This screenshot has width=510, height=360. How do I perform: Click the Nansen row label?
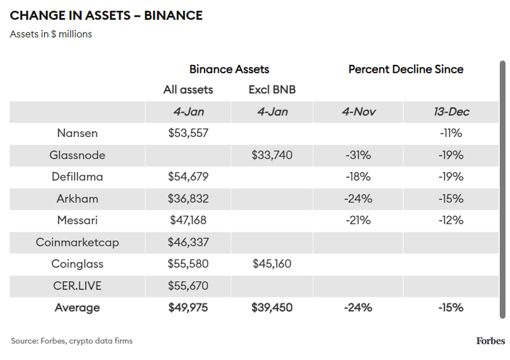(77, 133)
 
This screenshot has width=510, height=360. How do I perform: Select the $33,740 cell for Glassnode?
(272, 155)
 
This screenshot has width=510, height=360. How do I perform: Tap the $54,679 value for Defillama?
(188, 176)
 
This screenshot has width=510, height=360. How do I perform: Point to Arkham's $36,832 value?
(188, 198)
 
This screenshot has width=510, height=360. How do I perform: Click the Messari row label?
(77, 220)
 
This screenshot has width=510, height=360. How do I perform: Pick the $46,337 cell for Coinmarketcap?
(188, 242)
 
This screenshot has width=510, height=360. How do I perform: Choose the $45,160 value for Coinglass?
(272, 264)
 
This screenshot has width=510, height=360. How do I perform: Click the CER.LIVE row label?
(77, 286)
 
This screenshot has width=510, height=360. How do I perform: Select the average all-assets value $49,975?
(188, 308)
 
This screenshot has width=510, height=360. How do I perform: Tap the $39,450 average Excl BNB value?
(272, 308)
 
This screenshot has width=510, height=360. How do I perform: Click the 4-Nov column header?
(358, 112)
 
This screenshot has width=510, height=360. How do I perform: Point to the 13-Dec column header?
(451, 112)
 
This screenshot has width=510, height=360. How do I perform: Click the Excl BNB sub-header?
(272, 90)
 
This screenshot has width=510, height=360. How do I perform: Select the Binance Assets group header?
(229, 69)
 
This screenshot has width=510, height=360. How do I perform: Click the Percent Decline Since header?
(405, 69)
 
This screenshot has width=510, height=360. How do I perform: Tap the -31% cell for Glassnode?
(358, 155)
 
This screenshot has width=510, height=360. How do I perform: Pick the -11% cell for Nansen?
(451, 133)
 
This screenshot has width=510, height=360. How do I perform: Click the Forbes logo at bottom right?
(490, 341)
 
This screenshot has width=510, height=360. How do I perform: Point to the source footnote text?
(71, 341)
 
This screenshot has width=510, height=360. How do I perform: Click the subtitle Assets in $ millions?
(51, 34)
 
